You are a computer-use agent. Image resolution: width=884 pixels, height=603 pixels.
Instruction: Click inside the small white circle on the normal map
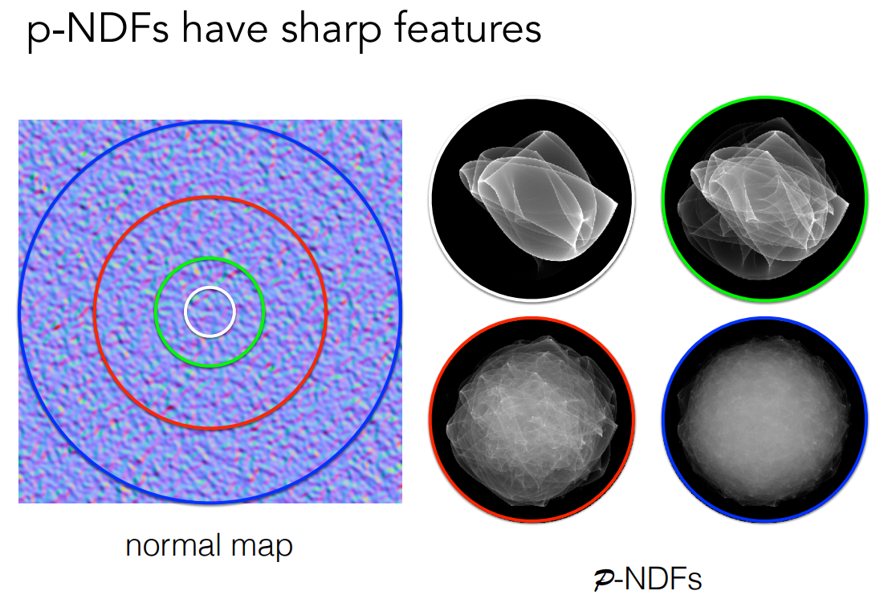[x=210, y=312]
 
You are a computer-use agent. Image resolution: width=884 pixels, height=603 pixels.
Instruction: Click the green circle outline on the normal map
[x=210, y=259]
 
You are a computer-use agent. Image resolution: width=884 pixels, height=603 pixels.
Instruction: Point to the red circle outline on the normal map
[x=210, y=197]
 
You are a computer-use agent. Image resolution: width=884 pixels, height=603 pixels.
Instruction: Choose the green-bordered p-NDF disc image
[x=764, y=199]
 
